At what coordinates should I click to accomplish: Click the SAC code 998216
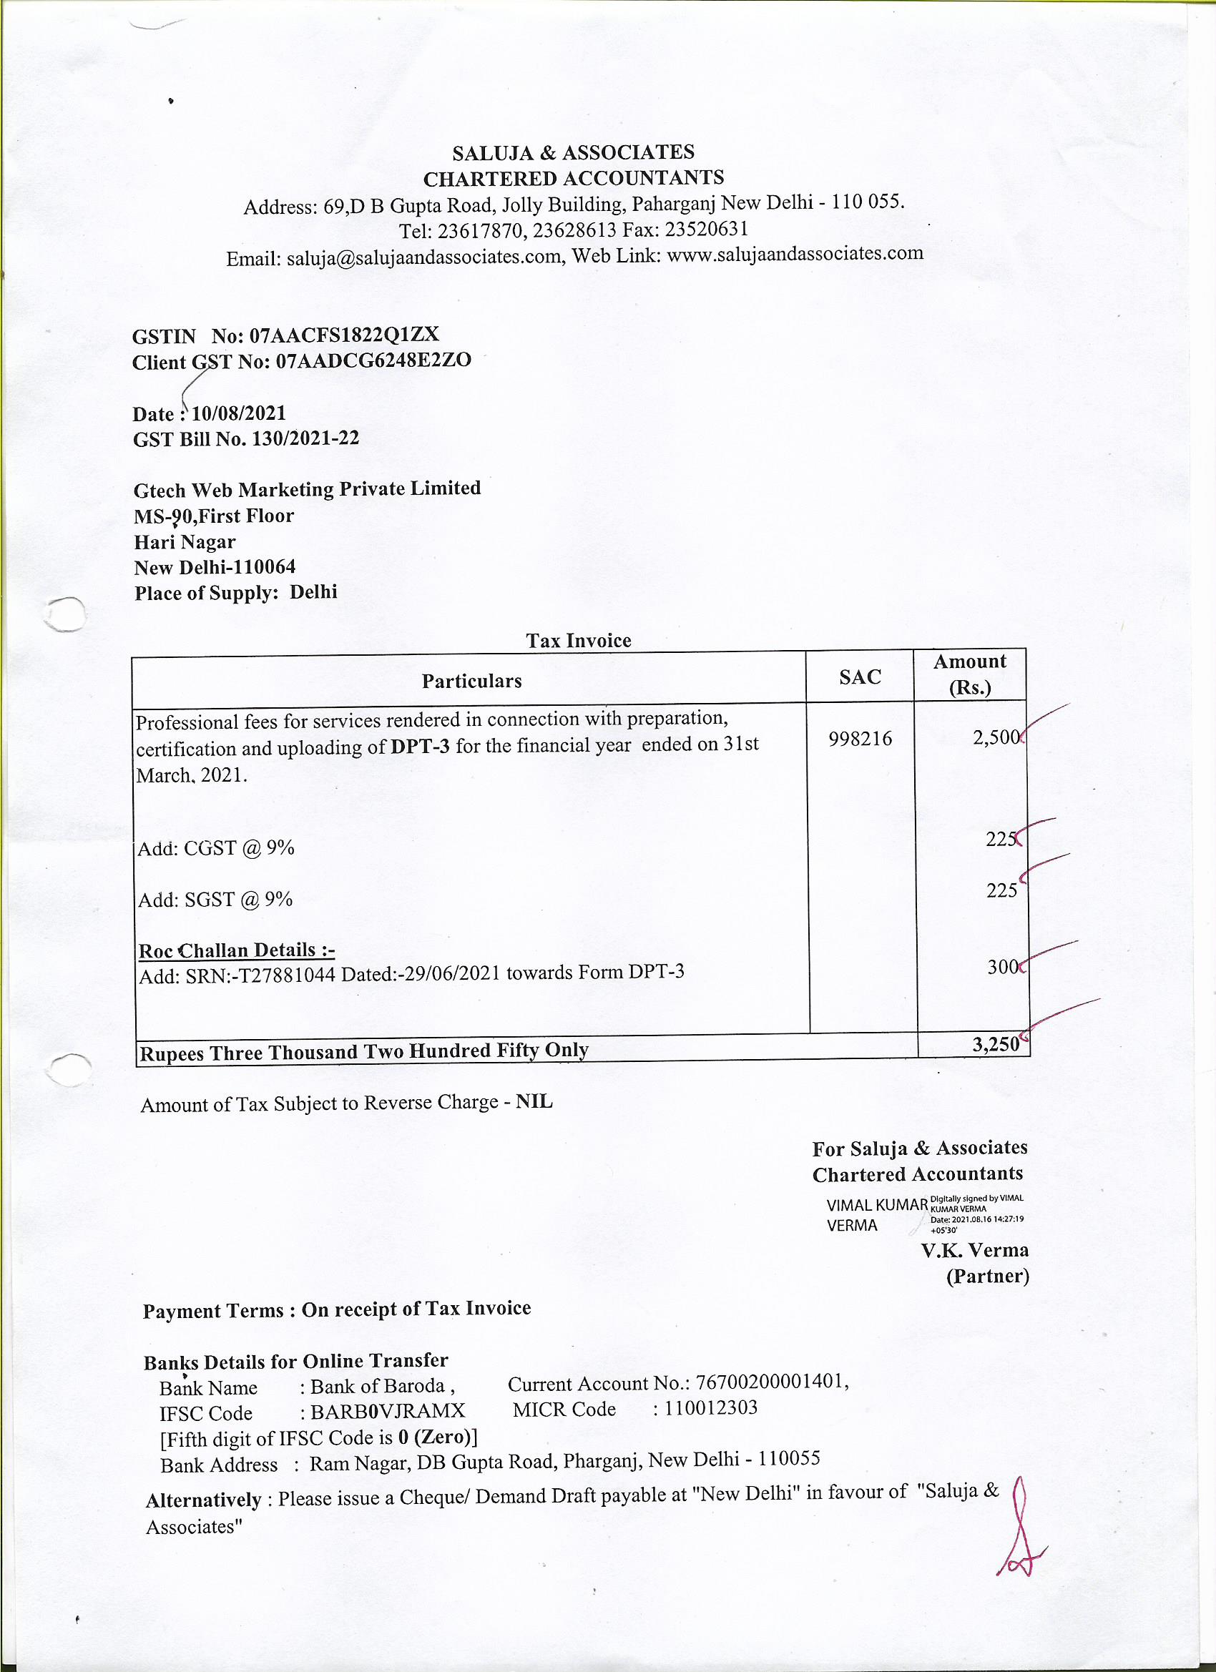tap(860, 739)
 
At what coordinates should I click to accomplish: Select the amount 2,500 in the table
tap(995, 737)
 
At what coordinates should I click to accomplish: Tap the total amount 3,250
tap(996, 1044)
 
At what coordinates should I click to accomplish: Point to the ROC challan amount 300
tap(1001, 966)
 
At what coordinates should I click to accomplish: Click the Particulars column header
tap(471, 680)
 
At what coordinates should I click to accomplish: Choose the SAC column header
tap(860, 677)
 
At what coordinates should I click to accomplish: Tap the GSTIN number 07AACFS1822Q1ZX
tap(344, 335)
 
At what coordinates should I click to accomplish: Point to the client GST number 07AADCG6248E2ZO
tap(373, 361)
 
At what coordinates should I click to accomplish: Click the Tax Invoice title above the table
tap(578, 640)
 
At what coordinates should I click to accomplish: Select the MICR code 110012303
tap(710, 1408)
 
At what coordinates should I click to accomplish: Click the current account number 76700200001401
tap(768, 1382)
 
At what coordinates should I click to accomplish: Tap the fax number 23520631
tap(707, 230)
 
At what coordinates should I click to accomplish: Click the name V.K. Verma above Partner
tap(974, 1250)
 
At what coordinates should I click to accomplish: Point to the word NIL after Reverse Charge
tap(534, 1102)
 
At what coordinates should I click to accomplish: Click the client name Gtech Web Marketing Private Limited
tap(307, 489)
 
